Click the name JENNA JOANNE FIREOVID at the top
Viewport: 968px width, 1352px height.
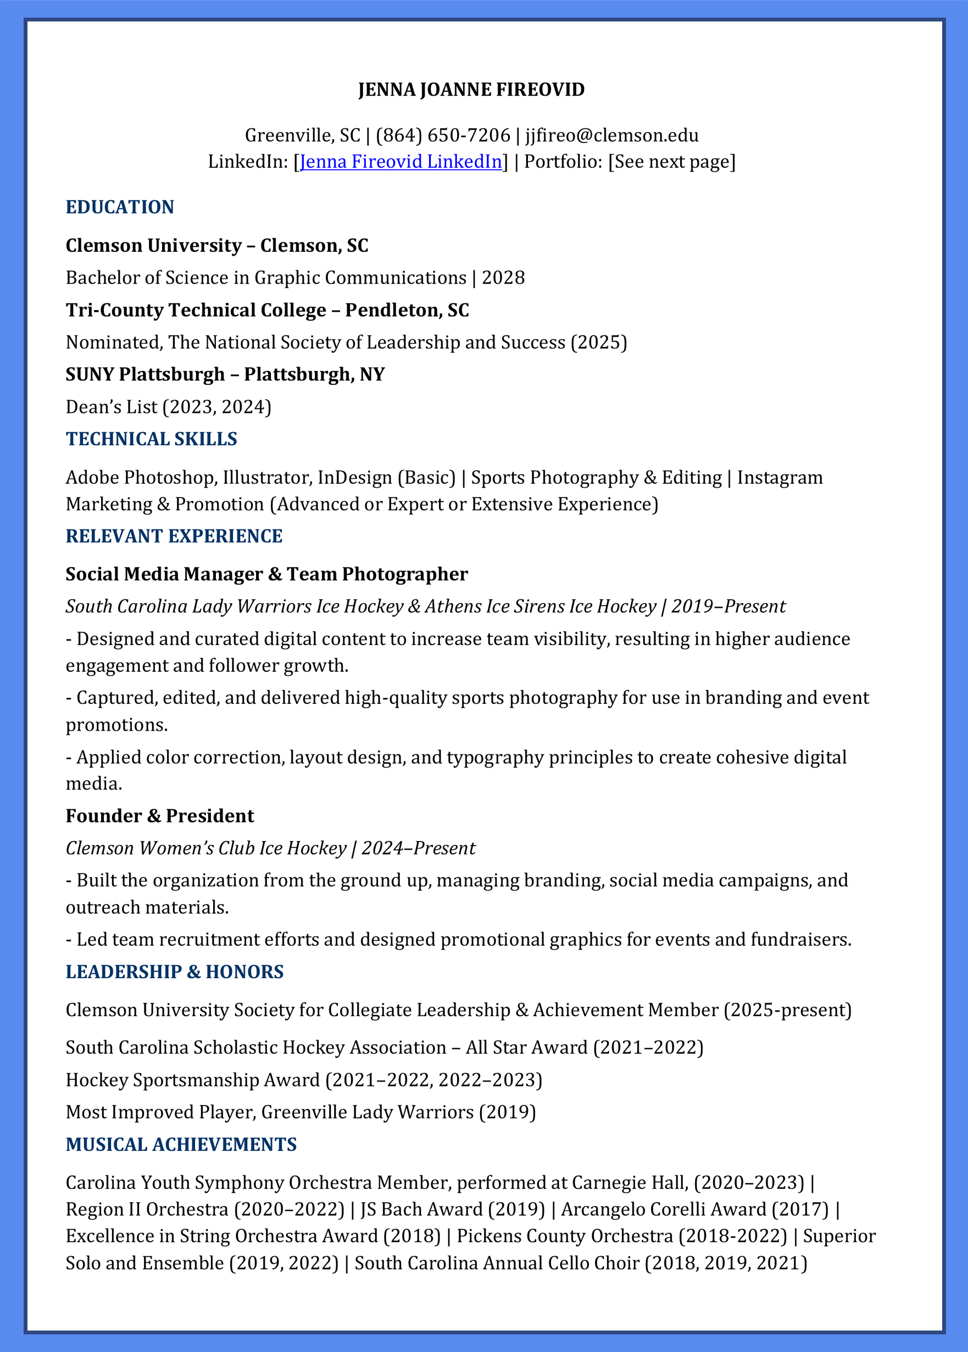(x=471, y=90)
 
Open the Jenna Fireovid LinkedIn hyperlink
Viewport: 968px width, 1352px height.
(x=400, y=162)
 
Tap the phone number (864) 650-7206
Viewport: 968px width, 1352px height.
(x=443, y=135)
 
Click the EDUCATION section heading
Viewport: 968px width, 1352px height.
(x=120, y=207)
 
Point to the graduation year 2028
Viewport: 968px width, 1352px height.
(x=503, y=278)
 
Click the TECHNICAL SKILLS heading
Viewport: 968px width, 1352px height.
(x=151, y=439)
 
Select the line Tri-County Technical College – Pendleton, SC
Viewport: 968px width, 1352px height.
(x=267, y=310)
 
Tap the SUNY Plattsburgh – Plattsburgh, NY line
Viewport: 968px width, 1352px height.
(x=225, y=374)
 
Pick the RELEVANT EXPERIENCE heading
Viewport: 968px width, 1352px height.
(x=174, y=536)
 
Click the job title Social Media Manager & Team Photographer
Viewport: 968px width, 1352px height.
(x=266, y=574)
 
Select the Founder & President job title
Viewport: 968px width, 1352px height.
(x=160, y=815)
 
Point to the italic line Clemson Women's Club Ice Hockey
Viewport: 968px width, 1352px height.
(x=206, y=848)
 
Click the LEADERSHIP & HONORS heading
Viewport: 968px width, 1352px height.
(x=175, y=972)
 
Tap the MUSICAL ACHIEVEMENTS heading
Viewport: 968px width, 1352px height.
(x=181, y=1145)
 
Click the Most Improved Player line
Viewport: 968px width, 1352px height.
(x=300, y=1112)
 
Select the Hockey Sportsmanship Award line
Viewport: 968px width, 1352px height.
(x=304, y=1080)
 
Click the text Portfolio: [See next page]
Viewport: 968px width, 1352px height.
(x=630, y=162)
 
